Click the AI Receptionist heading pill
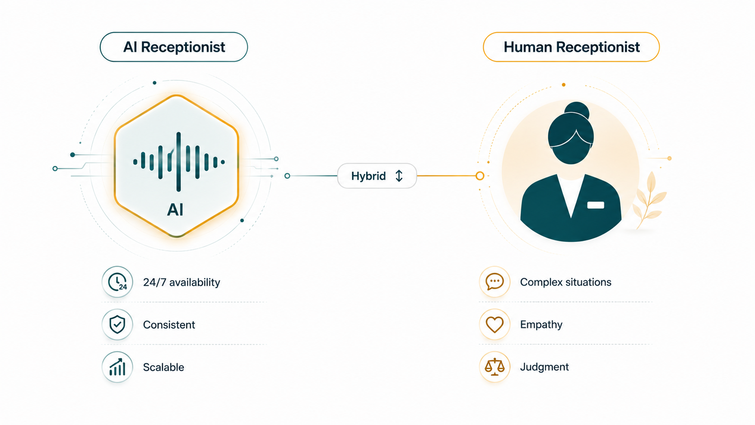coord(174,47)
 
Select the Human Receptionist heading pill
coord(571,47)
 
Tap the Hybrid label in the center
coord(368,176)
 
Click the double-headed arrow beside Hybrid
coord(399,176)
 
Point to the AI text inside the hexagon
coord(175,210)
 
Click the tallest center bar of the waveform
coord(179,162)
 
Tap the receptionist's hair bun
coord(577,111)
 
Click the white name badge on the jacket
coord(596,205)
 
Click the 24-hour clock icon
coord(117,282)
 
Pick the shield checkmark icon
coord(117,324)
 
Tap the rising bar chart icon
coord(117,367)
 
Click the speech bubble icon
coord(494,281)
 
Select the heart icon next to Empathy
coord(494,325)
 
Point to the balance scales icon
coord(494,367)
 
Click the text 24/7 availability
coord(182,282)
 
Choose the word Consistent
coord(169,325)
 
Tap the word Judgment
coord(544,367)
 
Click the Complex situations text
coord(566,282)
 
